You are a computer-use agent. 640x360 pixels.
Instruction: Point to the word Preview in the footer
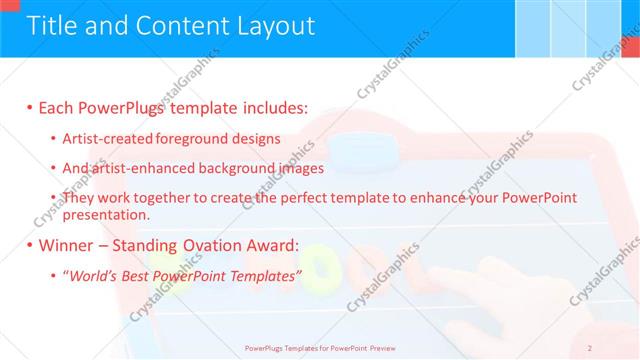click(377, 348)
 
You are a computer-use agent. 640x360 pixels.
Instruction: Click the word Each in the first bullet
click(57, 108)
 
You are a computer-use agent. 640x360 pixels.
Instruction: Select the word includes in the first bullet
click(270, 108)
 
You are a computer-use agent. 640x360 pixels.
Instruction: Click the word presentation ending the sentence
click(104, 214)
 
